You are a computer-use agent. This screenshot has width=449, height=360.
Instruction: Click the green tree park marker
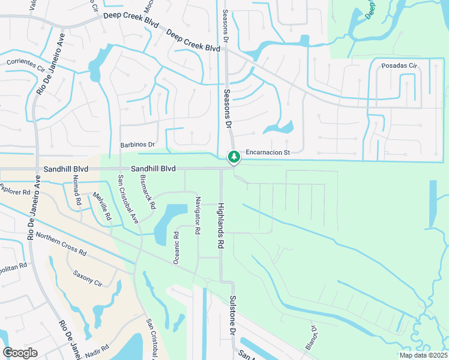click(x=234, y=157)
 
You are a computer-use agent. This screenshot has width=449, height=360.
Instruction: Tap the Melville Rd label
click(x=101, y=206)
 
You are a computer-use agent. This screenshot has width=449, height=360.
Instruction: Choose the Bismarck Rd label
click(x=147, y=192)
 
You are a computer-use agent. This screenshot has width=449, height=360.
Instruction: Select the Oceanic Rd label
click(x=176, y=247)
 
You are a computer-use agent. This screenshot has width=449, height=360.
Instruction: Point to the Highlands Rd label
click(x=220, y=225)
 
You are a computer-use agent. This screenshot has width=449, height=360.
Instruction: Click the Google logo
click(x=20, y=353)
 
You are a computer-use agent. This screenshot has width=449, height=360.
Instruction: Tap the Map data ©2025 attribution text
click(x=423, y=355)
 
